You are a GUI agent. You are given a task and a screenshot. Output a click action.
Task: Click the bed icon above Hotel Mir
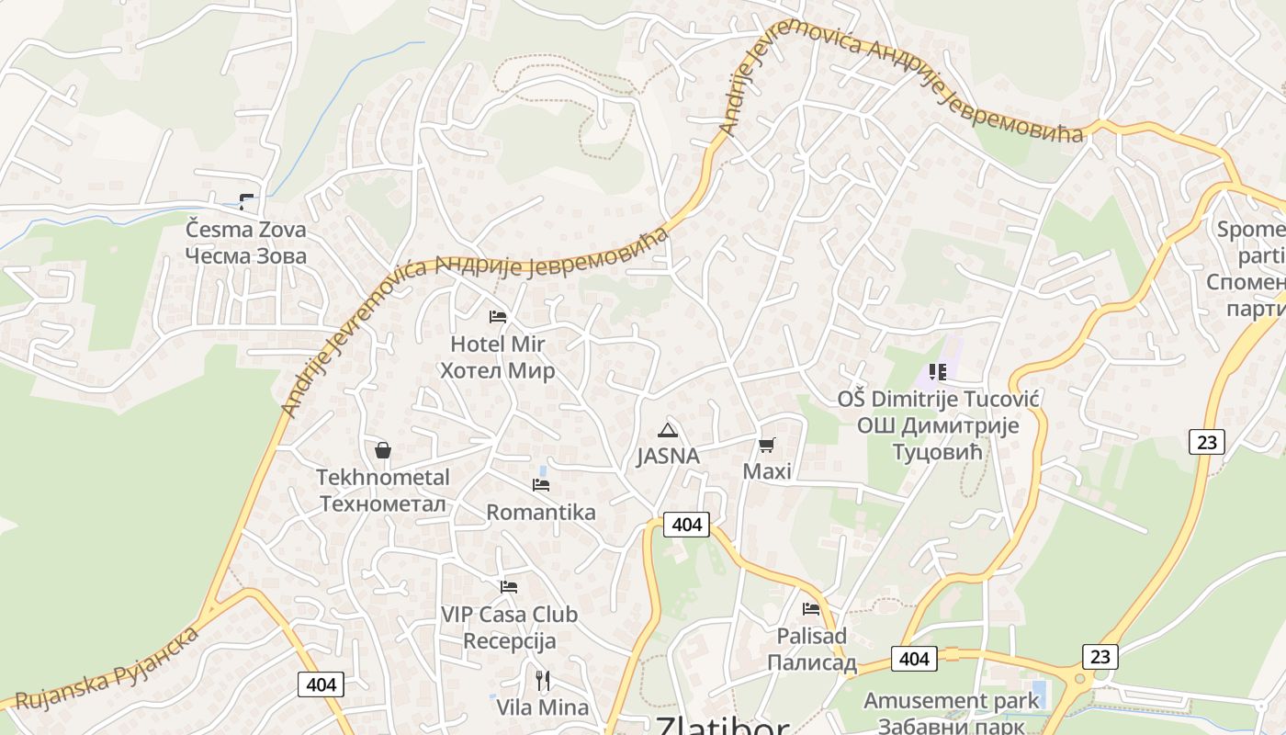pos(498,317)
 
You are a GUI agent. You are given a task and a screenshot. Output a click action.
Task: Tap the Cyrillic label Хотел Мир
pos(497,371)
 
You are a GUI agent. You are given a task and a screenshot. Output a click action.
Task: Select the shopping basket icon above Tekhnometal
pos(383,450)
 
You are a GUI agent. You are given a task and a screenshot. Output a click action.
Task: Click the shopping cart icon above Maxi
pos(766,446)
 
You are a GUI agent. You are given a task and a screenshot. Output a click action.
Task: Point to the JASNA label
pos(668,456)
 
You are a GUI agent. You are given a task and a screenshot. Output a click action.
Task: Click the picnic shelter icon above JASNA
pos(668,430)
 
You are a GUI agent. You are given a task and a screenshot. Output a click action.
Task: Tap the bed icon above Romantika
pos(541,484)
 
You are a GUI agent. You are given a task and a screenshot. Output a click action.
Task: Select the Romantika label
pos(540,512)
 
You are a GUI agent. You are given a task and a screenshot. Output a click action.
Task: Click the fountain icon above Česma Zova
pos(245,200)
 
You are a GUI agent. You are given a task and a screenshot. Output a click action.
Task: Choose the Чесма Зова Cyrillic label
pos(245,255)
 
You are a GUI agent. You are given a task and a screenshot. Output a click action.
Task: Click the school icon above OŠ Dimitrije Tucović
pos(937,372)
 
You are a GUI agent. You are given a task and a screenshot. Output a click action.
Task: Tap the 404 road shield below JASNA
pos(686,525)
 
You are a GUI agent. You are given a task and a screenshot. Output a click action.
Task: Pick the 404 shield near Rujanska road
pos(321,684)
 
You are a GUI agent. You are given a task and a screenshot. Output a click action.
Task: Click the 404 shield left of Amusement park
pos(913,659)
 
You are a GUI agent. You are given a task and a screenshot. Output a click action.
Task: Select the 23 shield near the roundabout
pos(1100,656)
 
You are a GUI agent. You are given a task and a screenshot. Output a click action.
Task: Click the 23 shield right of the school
pos(1206,442)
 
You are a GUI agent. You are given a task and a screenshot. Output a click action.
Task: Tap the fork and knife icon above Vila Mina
pos(543,681)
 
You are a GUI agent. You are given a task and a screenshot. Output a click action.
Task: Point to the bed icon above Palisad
pos(810,608)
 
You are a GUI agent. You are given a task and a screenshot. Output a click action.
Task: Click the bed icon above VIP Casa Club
pos(509,587)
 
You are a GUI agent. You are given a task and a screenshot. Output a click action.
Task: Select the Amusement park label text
pos(951,700)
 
